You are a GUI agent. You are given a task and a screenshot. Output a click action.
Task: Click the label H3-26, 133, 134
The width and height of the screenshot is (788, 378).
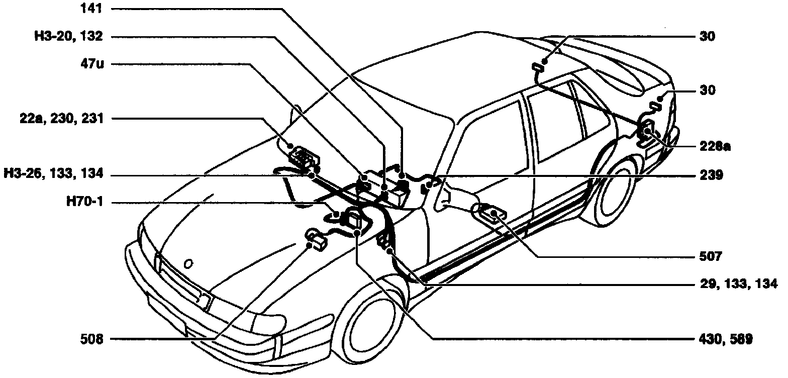[53, 174]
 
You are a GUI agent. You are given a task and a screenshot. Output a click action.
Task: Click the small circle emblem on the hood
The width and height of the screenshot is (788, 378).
[187, 263]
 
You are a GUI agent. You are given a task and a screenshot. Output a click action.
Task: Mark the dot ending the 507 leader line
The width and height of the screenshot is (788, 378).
[494, 215]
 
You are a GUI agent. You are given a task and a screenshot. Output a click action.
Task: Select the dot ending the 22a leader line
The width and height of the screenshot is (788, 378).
[290, 146]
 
